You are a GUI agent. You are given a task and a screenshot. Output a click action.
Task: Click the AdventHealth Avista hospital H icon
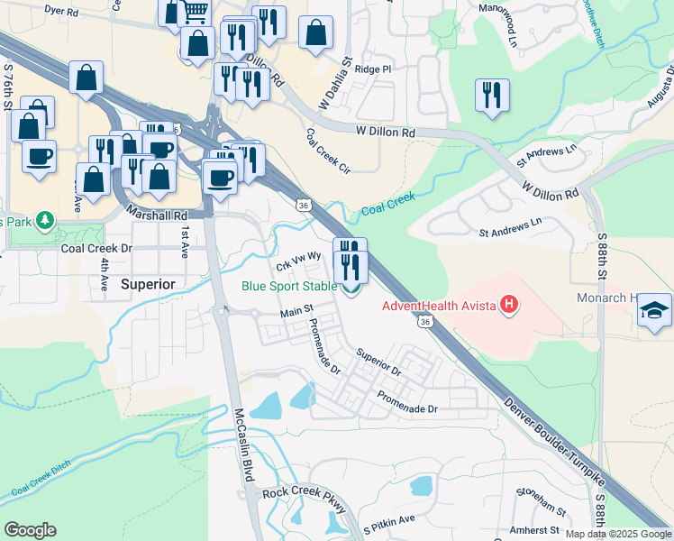(509, 305)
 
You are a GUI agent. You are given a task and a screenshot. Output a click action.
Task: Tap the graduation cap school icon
(653, 312)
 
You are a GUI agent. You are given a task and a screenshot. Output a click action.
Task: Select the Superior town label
(147, 283)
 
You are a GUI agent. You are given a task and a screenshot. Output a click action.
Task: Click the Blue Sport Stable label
(288, 288)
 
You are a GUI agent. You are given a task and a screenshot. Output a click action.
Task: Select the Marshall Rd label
(157, 215)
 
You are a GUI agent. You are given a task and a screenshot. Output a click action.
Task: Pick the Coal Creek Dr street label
(96, 248)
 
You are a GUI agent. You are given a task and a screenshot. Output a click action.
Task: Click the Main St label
(296, 311)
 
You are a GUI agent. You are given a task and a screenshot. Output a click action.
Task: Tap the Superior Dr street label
(378, 362)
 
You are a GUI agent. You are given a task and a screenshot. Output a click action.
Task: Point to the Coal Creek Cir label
(326, 148)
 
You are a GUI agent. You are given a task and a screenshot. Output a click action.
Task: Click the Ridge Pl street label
(373, 69)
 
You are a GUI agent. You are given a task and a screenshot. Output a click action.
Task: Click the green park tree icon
(43, 221)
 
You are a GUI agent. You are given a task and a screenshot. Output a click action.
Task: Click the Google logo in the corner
(30, 530)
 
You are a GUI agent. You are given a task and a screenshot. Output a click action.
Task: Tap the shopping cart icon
(196, 11)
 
